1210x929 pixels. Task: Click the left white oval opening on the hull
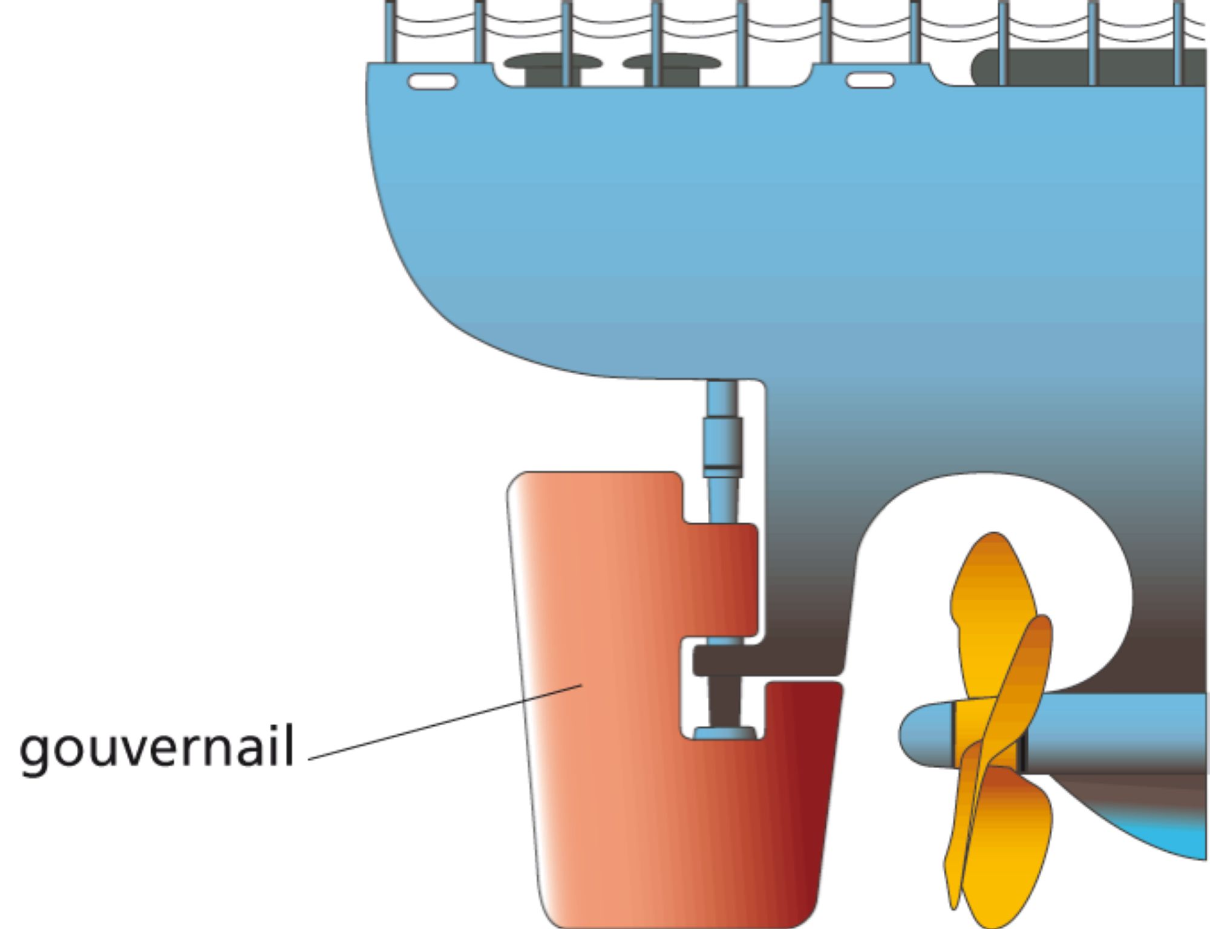432,81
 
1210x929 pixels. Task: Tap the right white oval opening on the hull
870,80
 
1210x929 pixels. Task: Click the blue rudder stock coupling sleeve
722,445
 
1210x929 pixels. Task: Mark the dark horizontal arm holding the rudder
762,660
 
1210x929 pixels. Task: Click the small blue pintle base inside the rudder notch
724,734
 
